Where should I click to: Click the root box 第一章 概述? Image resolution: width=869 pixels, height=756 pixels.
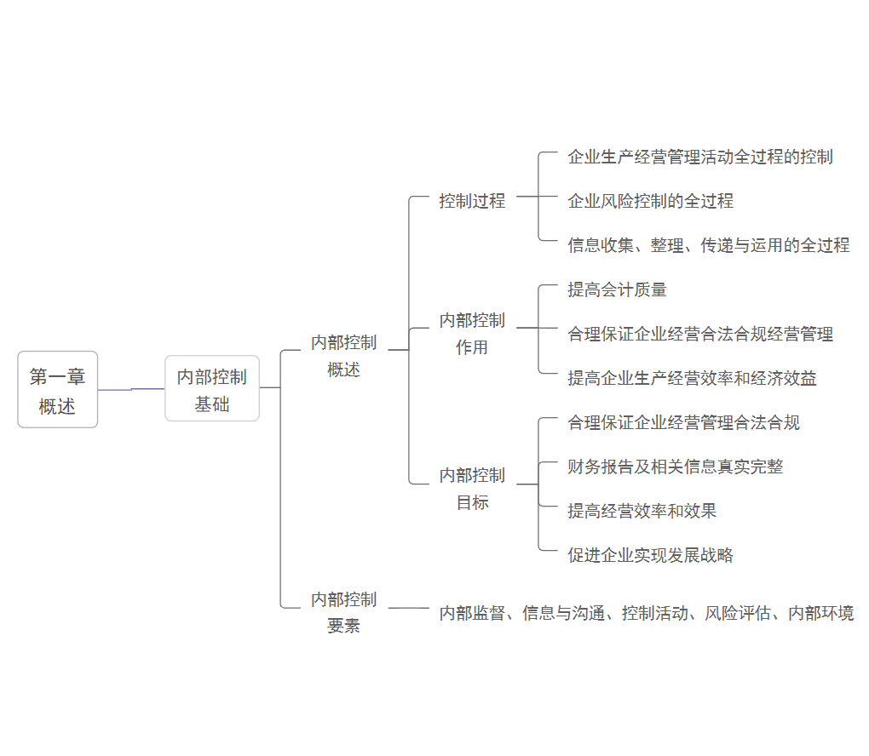point(58,390)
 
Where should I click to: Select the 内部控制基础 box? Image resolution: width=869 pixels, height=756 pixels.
point(212,389)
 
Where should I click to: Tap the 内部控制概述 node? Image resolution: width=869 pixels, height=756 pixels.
point(343,356)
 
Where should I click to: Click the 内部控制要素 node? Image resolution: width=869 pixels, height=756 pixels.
point(343,612)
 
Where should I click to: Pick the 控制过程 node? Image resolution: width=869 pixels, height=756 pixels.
point(472,201)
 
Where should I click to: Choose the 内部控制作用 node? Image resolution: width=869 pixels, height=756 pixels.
point(472,334)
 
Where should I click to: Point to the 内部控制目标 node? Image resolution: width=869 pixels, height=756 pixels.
point(472,488)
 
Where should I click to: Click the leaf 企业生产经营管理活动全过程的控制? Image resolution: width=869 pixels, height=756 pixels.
point(699,157)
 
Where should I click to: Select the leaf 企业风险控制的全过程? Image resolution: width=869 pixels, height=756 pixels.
point(650,201)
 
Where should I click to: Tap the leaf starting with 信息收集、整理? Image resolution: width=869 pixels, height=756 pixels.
point(708,245)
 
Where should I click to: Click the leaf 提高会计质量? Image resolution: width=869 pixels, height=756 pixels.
point(617,289)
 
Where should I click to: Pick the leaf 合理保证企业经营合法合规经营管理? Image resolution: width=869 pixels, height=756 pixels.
point(700,334)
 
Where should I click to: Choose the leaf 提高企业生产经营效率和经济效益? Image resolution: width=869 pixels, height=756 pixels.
point(692,378)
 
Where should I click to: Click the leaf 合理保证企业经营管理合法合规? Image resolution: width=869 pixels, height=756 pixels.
point(683,422)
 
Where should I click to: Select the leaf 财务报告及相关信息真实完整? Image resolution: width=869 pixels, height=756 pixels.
point(675,467)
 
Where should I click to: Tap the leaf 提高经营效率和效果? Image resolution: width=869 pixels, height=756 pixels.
point(642,511)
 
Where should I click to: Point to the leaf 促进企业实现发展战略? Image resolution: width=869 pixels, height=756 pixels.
point(650,555)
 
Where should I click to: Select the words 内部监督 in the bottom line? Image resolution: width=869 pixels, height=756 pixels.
point(472,613)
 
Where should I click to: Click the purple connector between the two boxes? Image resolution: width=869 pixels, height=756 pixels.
point(131,389)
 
